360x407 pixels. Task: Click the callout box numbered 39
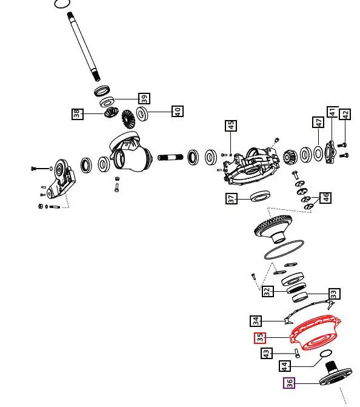144,98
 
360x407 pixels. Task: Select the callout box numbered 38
78,114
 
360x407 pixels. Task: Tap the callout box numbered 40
178,111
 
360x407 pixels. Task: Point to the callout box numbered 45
231,126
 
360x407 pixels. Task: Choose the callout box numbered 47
318,123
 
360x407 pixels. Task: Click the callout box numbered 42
345,114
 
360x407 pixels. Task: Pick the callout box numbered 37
232,198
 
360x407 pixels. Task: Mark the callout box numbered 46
325,198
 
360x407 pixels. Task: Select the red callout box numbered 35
260,338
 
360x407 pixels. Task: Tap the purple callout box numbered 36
289,383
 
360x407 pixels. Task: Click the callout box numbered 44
285,366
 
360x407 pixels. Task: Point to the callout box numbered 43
267,353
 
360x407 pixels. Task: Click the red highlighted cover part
315,333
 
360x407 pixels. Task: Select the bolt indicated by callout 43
297,353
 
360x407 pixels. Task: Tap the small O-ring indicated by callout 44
326,353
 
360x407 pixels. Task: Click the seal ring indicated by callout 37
260,196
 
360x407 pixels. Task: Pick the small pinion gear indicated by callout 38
112,112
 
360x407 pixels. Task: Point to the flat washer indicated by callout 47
318,153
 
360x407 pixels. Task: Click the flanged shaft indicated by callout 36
336,374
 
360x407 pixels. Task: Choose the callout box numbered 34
256,321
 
